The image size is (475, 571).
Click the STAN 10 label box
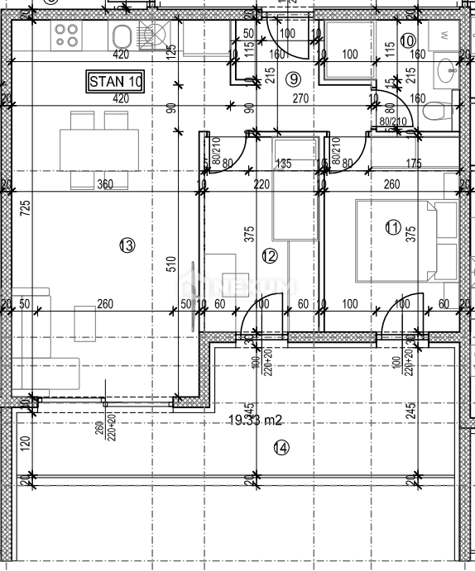(x=116, y=81)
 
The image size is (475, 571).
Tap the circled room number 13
(x=126, y=245)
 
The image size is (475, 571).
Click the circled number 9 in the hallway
(x=290, y=79)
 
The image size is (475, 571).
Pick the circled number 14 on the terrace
(x=281, y=448)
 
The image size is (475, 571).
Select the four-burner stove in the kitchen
(x=65, y=34)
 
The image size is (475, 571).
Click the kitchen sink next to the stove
(x=122, y=36)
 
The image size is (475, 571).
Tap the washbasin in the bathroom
(x=448, y=70)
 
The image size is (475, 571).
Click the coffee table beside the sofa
(x=85, y=322)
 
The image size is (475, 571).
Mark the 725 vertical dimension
(x=26, y=208)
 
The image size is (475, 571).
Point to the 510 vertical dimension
(x=171, y=264)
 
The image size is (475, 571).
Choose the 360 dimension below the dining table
(x=104, y=184)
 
